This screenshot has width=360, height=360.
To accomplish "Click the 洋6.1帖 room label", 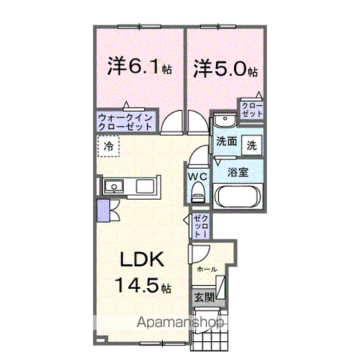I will pyautogui.click(x=139, y=67).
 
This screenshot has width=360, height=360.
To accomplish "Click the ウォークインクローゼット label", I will pyautogui.click(x=125, y=122).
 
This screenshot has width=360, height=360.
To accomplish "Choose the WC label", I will pyautogui.click(x=197, y=177).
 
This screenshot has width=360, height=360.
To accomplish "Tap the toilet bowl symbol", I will pyautogui.click(x=198, y=193).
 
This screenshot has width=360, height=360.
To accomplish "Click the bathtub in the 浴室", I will pyautogui.click(x=236, y=198).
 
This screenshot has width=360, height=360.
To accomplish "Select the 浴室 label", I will pyautogui.click(x=239, y=172).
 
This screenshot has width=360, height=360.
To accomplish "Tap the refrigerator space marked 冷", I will pyautogui.click(x=109, y=146).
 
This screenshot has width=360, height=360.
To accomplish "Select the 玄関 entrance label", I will pyautogui.click(x=204, y=298).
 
